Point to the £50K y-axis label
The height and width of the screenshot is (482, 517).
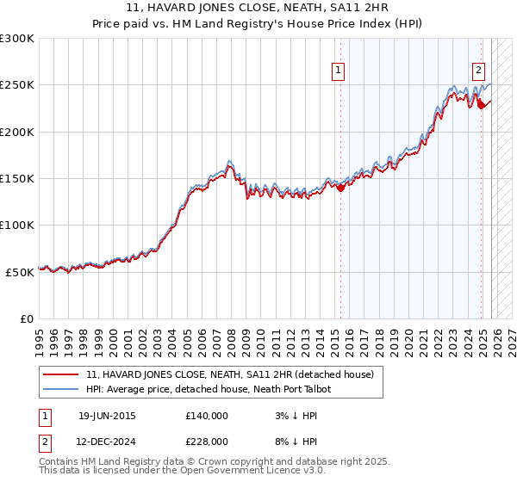[20, 272]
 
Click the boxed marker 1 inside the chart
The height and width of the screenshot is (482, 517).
[338, 71]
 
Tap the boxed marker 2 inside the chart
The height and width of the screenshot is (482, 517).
[478, 71]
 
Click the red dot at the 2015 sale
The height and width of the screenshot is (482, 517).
[340, 188]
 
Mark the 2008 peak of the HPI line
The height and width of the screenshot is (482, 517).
[229, 161]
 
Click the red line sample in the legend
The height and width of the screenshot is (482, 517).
[62, 375]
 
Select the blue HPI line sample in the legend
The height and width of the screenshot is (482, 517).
[62, 389]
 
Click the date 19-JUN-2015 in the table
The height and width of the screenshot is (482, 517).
[107, 416]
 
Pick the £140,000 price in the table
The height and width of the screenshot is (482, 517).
[206, 416]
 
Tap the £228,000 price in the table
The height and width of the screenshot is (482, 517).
[206, 442]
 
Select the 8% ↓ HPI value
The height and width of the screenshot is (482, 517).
[289, 442]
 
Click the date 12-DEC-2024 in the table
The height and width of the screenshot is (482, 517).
[107, 442]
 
